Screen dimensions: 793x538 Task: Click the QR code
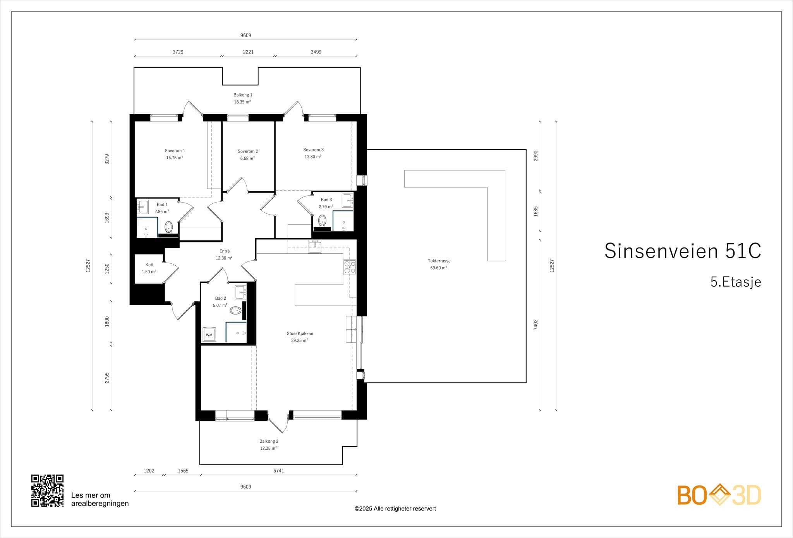[47, 491]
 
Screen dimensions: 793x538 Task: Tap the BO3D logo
[719, 495]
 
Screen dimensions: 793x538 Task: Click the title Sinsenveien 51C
[683, 251]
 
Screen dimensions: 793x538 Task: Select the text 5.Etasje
[736, 282]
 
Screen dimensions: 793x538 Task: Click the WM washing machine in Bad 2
[209, 335]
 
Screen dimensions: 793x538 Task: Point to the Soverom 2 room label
[248, 151]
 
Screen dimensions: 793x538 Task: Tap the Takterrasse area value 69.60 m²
[438, 268]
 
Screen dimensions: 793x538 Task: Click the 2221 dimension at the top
[248, 52]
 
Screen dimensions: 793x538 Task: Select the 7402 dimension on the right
[536, 325]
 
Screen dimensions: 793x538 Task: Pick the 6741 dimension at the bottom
[279, 471]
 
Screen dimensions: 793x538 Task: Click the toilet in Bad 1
[168, 227]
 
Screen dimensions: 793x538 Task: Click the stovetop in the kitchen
[350, 268]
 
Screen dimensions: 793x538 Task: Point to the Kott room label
[149, 265]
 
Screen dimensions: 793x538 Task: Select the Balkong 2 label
[269, 441]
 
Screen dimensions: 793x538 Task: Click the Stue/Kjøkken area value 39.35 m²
[299, 340]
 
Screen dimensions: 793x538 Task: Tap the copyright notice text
[395, 509]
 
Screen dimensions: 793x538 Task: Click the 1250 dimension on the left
[107, 269]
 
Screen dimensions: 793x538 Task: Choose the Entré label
[225, 251]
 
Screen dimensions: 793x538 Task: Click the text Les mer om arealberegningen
[100, 499]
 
